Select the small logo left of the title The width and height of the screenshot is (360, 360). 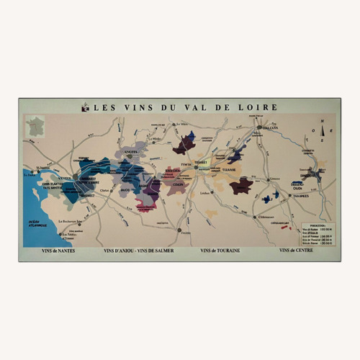tap(85, 107)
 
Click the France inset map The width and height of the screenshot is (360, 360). tap(35, 127)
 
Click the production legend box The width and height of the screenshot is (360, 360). tap(317, 234)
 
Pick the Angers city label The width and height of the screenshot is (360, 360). tap(130, 153)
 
